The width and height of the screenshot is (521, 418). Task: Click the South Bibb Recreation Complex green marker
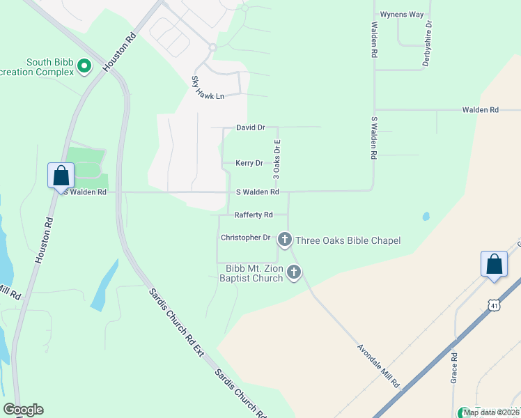tap(84, 66)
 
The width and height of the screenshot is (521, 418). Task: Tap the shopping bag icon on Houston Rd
tap(61, 175)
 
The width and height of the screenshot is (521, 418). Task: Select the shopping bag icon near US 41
tap(494, 265)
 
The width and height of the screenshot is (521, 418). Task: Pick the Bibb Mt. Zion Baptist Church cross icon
tap(294, 272)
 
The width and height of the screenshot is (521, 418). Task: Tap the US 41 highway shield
tap(493, 305)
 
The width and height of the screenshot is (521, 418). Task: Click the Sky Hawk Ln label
tap(209, 95)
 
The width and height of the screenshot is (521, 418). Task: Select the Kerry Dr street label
tap(249, 163)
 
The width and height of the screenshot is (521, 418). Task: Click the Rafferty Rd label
tap(254, 215)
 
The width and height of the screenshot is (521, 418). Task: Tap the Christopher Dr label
tap(245, 238)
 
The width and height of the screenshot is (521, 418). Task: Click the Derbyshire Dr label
tap(428, 43)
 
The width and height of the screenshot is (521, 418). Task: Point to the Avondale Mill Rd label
tap(378, 366)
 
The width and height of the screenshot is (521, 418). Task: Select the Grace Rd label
tap(453, 367)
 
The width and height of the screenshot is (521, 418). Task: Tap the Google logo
tap(23, 410)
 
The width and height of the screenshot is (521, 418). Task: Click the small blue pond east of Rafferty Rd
tap(426, 216)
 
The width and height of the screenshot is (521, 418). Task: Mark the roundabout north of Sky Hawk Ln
tap(212, 47)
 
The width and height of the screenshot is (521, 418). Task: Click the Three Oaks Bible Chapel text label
tap(348, 241)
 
